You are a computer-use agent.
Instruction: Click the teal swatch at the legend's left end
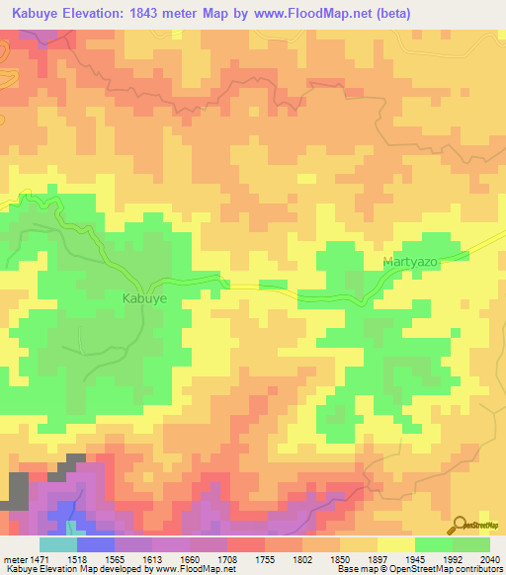[x=58, y=544]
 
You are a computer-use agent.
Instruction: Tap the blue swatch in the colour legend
[x=96, y=544]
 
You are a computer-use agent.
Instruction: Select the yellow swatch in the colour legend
[x=395, y=544]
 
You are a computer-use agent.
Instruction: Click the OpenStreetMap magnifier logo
[x=459, y=525]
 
